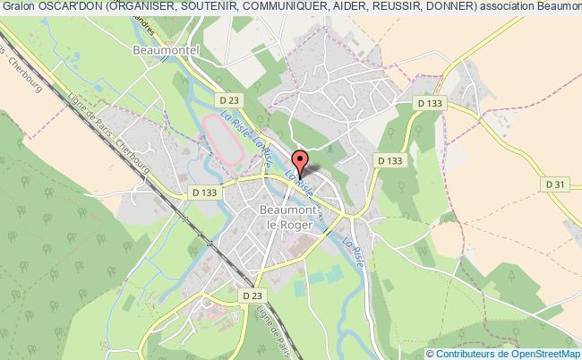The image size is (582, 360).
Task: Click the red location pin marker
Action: coord(302,162)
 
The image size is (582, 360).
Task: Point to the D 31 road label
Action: coord(556,183)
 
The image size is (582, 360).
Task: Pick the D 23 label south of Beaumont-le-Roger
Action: coord(252,295)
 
